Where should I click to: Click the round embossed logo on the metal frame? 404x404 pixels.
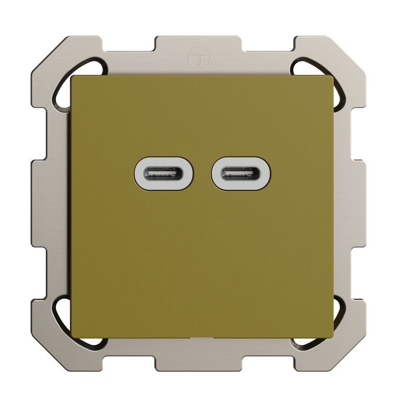click(196, 57)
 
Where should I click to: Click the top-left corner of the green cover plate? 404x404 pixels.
click(72, 77)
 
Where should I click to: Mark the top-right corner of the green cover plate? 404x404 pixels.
click(333, 77)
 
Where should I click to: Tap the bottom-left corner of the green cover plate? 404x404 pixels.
click(72, 337)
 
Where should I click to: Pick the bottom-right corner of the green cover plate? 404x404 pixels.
click(333, 337)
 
